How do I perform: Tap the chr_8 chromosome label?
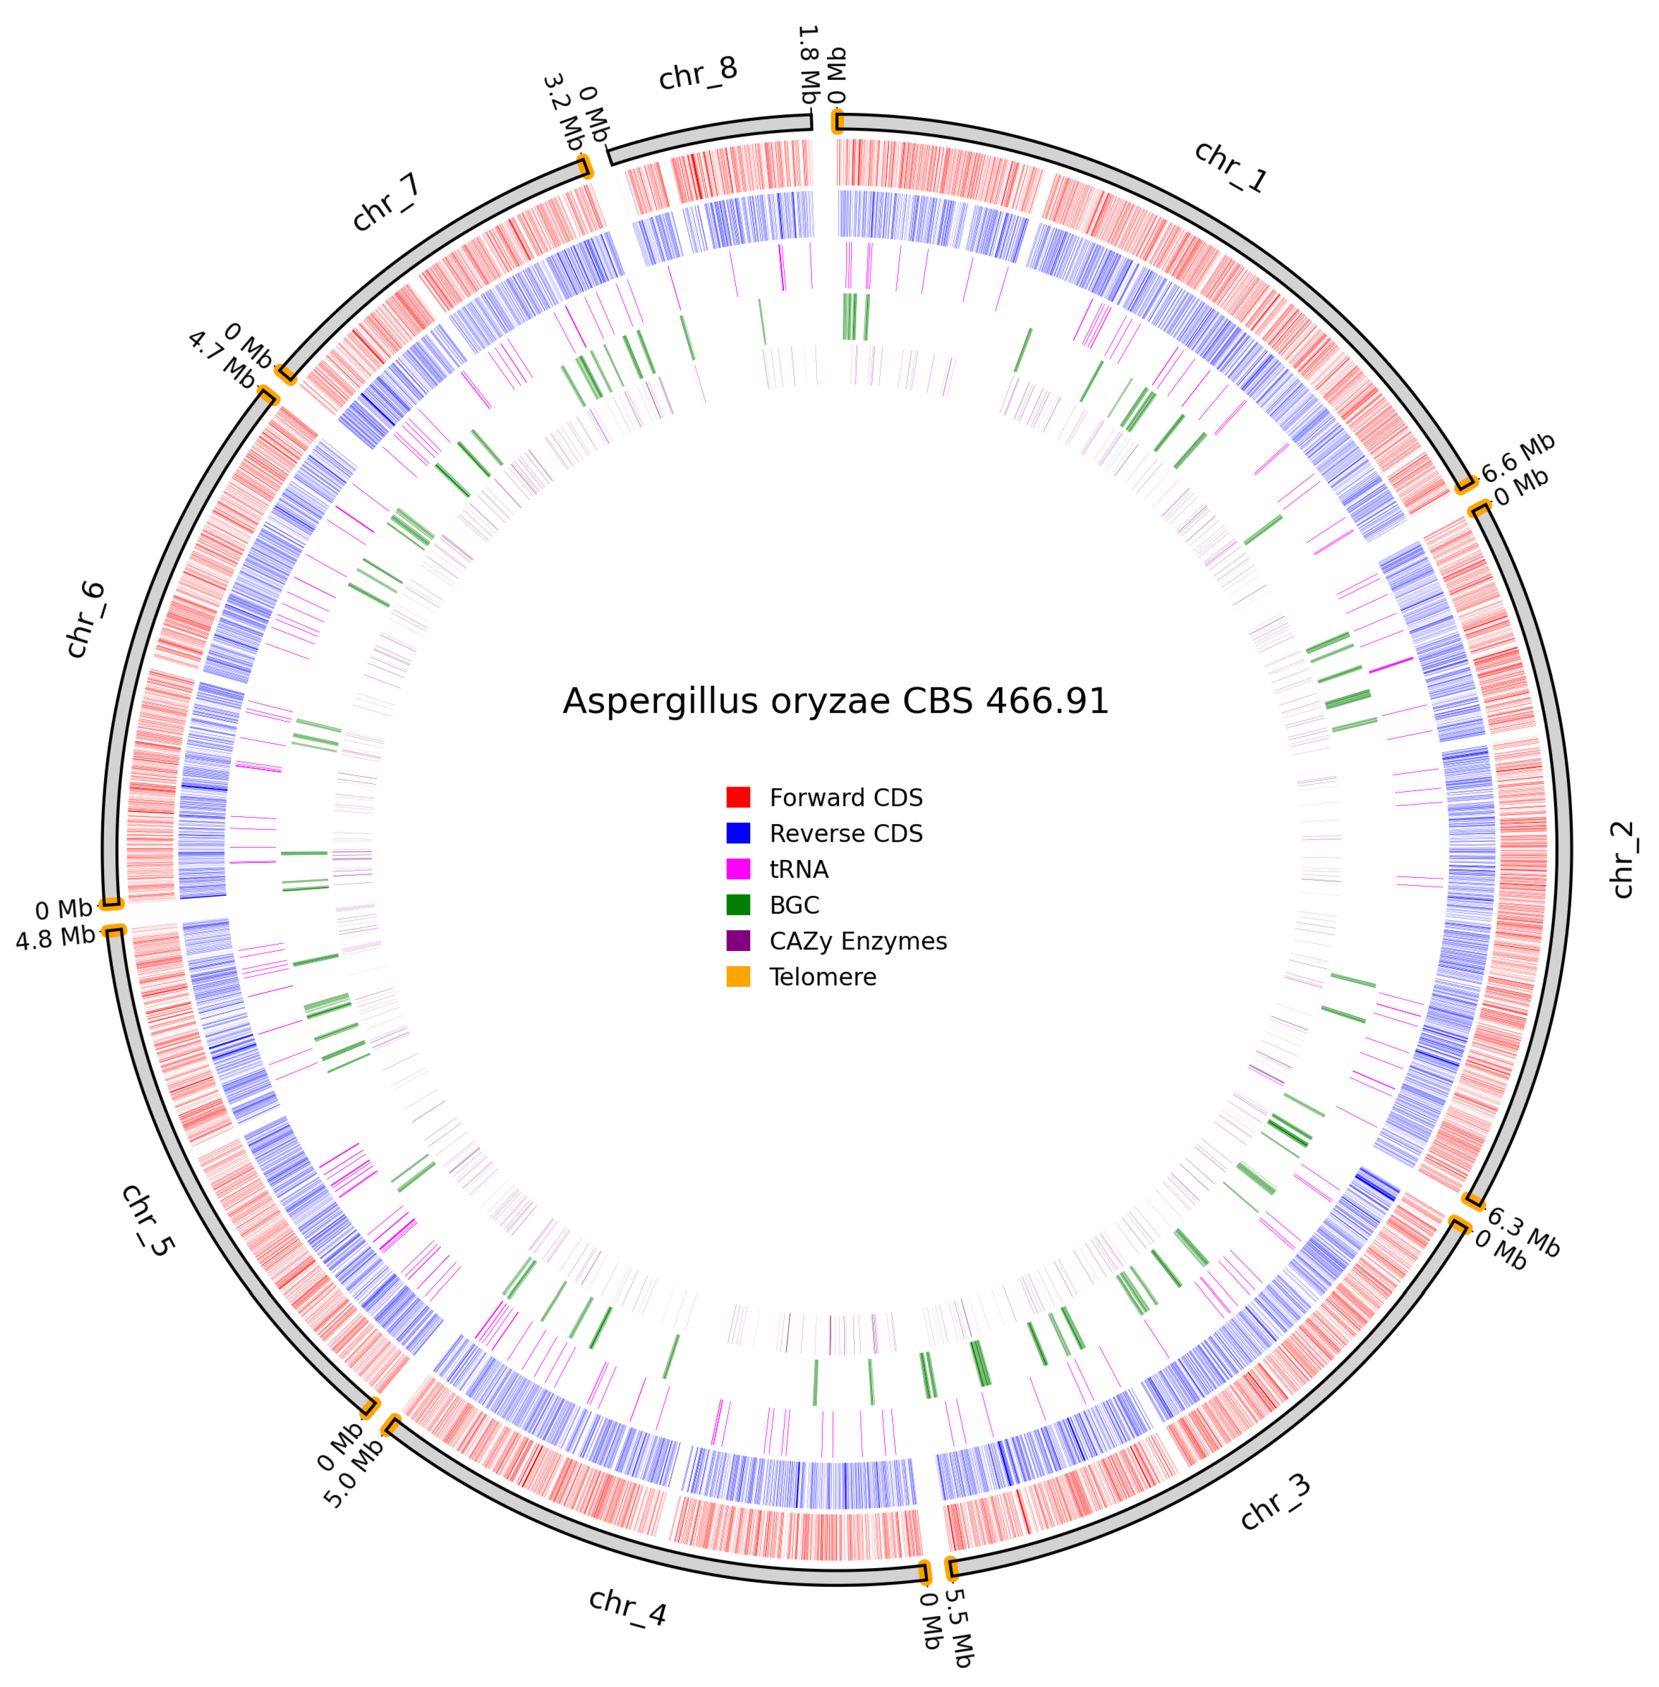tap(698, 74)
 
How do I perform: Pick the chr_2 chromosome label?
tap(1623, 859)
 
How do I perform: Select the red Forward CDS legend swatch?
tap(738, 797)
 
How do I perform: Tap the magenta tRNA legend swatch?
tap(738, 869)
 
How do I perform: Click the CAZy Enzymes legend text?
tap(857, 941)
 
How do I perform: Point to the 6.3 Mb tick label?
tap(1522, 1233)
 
